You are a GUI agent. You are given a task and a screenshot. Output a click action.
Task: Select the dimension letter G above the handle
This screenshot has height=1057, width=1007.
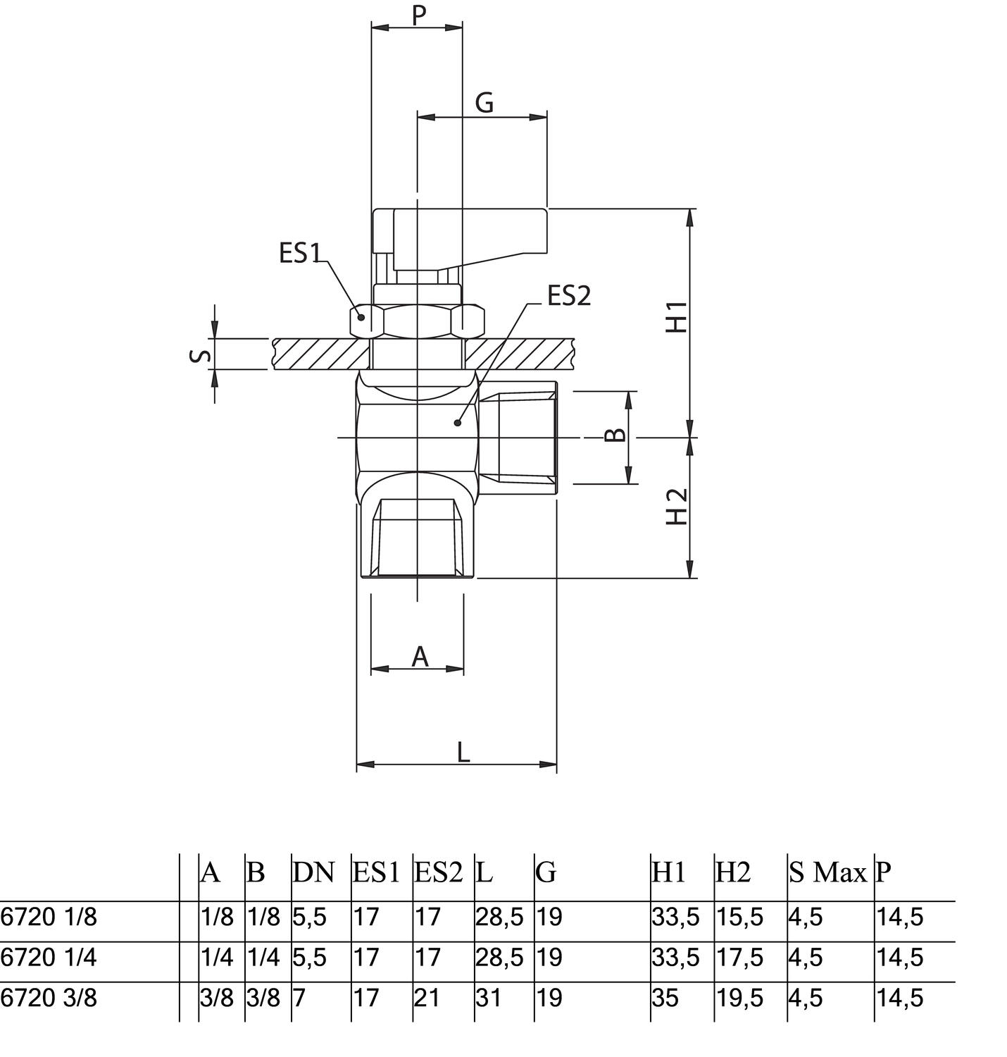484,103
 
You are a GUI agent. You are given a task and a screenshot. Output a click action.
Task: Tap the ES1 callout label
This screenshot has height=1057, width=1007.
300,253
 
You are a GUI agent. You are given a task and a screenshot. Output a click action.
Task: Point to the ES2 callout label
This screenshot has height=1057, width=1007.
569,297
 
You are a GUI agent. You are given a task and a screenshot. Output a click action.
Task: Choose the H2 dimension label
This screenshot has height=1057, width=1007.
677,507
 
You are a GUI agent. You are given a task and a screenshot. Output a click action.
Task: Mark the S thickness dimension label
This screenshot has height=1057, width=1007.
201,354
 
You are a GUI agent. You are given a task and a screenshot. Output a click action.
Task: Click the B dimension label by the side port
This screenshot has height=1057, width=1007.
615,435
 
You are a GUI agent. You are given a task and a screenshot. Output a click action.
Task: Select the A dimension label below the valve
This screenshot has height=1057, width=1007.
420,657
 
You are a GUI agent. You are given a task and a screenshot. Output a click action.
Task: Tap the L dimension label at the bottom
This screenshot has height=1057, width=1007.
463,753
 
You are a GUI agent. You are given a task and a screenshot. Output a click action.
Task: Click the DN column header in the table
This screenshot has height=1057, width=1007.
313,873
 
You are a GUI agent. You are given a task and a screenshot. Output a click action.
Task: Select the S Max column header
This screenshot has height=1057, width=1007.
827,873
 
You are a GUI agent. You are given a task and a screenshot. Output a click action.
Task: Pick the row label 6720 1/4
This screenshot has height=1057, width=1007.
49,958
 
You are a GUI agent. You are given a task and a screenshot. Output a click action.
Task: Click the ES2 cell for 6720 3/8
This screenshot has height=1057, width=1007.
427,998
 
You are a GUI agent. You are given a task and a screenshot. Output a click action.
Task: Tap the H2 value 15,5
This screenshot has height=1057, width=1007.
739,917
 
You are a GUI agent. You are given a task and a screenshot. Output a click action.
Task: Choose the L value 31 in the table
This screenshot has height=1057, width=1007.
488,998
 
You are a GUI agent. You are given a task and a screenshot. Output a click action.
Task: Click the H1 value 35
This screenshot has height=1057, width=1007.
665,998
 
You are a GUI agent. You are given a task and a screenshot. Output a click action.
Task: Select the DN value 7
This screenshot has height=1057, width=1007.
298,998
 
